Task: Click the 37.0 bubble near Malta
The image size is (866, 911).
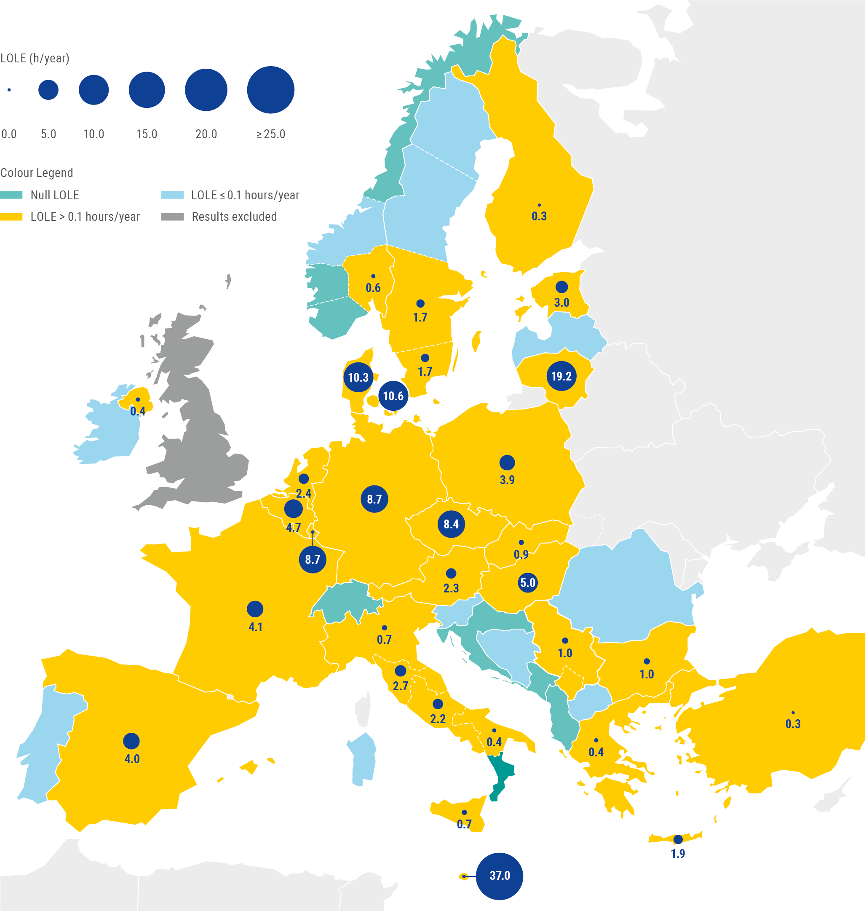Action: pos(499,876)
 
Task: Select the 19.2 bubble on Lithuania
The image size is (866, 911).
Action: pos(561,376)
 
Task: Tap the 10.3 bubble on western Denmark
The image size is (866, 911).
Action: pos(358,377)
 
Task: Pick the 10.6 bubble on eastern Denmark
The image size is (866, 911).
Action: pos(393,396)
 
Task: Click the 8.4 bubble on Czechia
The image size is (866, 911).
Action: pos(451,524)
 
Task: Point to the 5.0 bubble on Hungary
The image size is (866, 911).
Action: pos(528,583)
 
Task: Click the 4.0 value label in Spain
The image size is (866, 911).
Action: pos(132,758)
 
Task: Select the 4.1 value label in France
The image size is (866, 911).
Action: pos(255,627)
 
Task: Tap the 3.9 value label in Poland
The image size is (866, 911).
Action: pos(507,480)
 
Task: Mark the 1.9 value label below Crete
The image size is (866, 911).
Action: pos(678,853)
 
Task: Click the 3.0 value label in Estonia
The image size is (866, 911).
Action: pos(561,303)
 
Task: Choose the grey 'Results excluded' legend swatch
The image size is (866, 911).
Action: pos(172,217)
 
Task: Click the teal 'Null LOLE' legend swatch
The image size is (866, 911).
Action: pos(11,195)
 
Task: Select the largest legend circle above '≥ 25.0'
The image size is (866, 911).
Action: pos(270,90)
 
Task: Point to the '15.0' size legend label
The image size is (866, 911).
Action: pos(147,134)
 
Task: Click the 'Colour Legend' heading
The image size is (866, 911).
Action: pos(37,173)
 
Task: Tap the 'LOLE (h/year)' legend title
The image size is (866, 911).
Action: pos(35,58)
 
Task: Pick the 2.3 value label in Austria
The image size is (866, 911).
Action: pos(451,588)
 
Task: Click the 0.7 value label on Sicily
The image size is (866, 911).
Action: pos(464,824)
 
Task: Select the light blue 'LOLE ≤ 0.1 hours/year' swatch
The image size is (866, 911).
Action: pos(172,195)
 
